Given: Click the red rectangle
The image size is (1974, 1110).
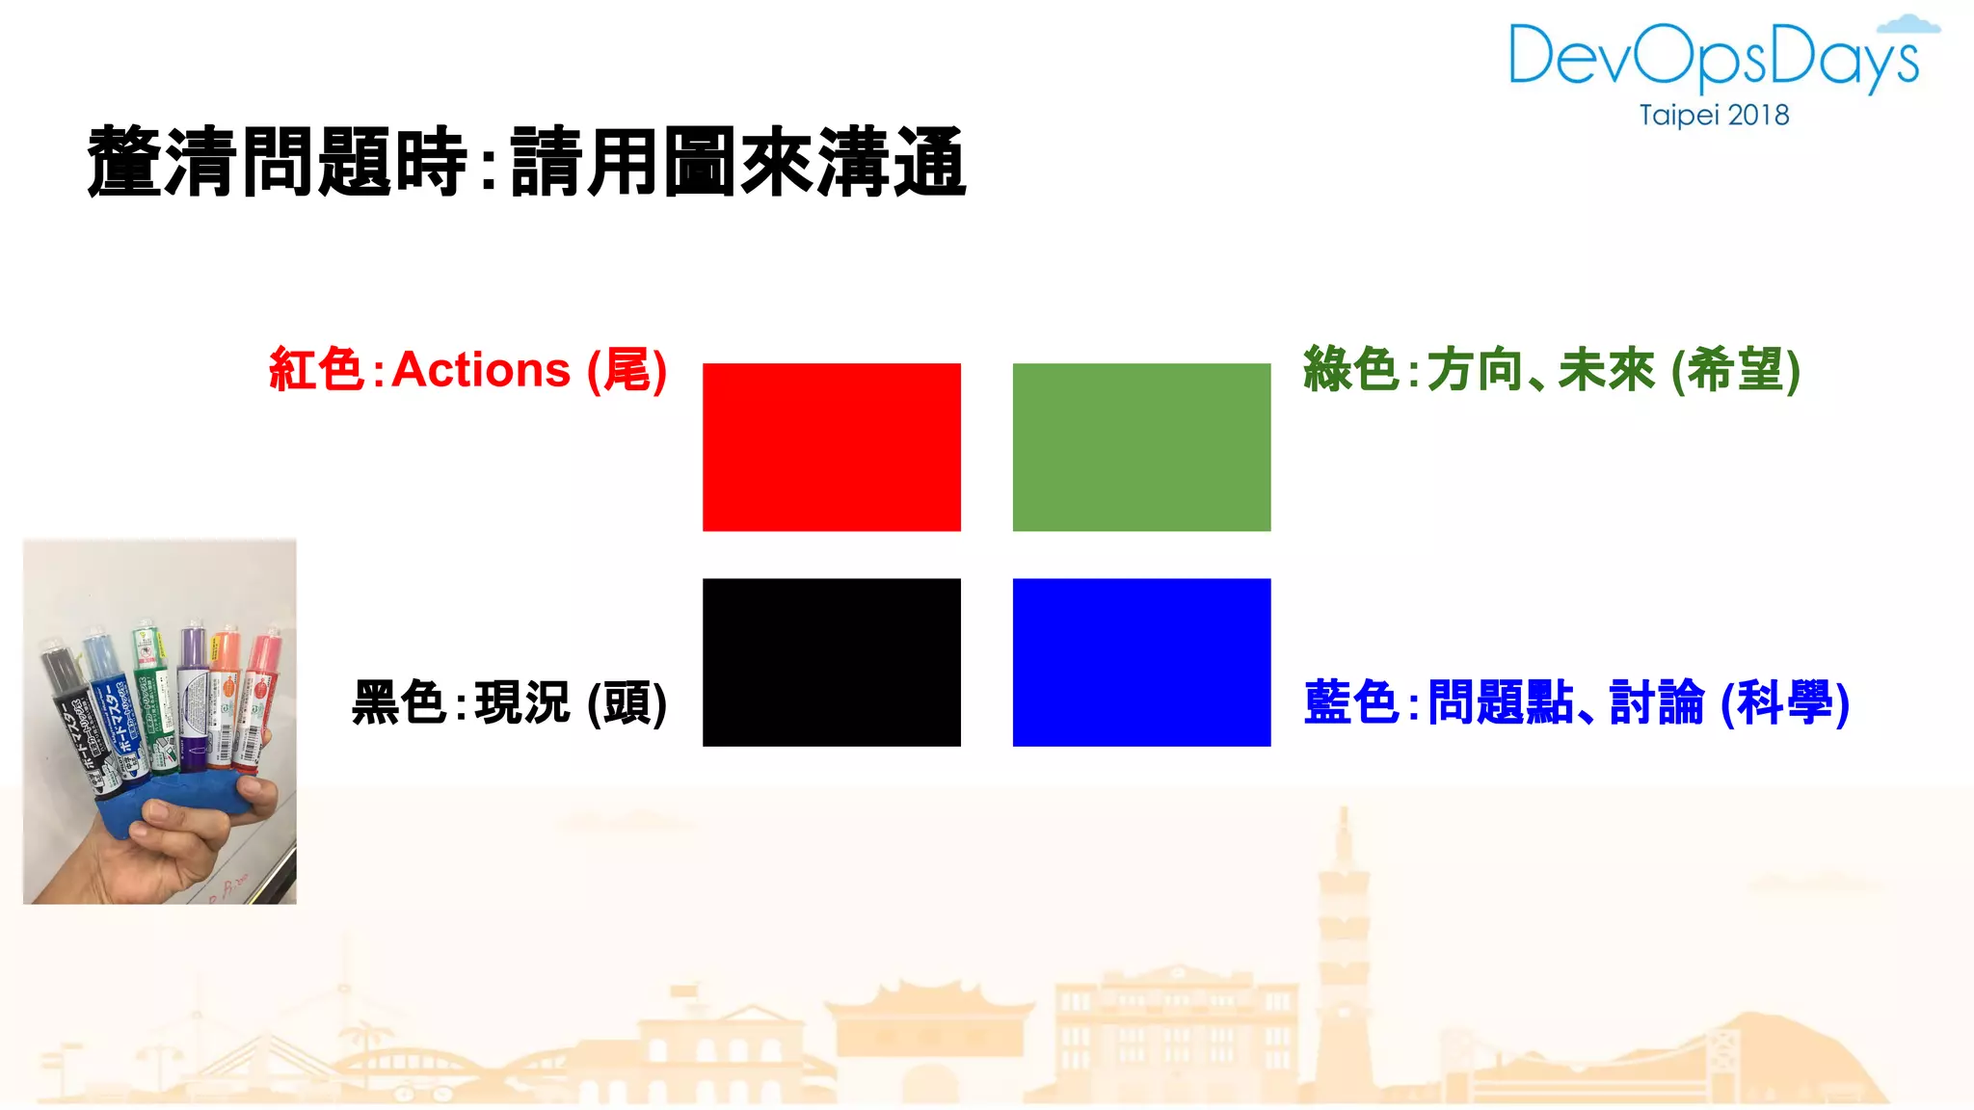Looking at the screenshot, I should pyautogui.click(x=831, y=446).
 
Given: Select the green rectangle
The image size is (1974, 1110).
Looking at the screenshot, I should pyautogui.click(x=1141, y=446).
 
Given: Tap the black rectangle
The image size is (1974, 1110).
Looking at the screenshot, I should pyautogui.click(x=831, y=662).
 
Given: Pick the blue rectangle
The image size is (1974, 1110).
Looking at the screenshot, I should pyautogui.click(x=1141, y=662).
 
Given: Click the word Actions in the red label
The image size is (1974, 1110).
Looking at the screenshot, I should pyautogui.click(x=481, y=370).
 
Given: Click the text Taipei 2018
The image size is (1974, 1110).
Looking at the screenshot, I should pyautogui.click(x=1714, y=116).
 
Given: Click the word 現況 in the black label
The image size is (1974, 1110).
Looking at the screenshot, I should pyautogui.click(x=522, y=702).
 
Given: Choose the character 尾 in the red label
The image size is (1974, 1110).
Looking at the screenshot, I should pyautogui.click(x=627, y=370).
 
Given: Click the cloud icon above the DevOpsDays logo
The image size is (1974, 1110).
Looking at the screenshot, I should pyautogui.click(x=1908, y=24).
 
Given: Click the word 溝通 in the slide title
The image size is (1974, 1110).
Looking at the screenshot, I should pyautogui.click(x=892, y=162).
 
